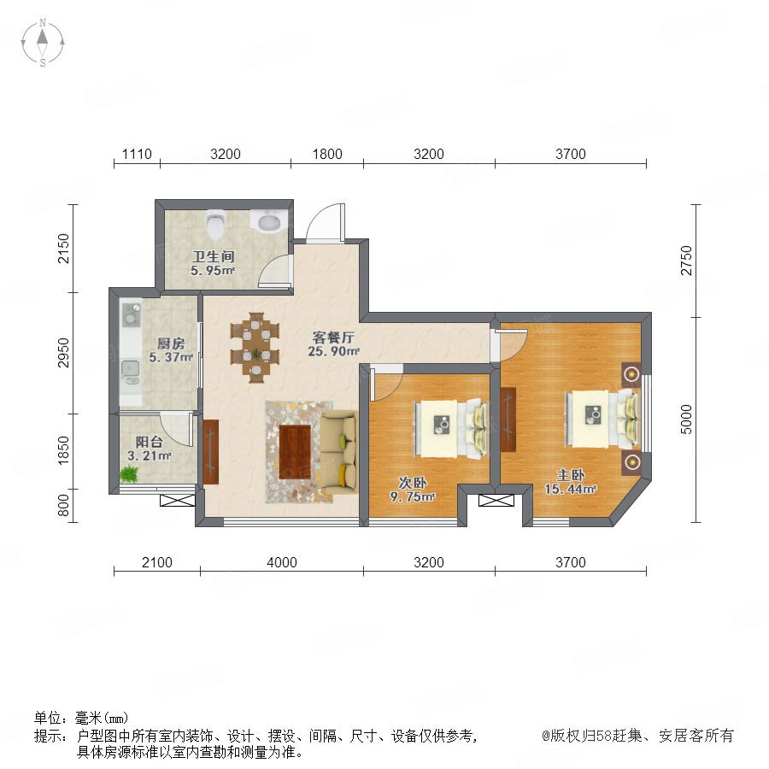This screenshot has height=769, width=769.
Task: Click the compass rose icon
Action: pyautogui.click(x=43, y=43)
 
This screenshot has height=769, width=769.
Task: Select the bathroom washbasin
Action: pyautogui.click(x=268, y=220)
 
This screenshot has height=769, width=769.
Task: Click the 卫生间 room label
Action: pyautogui.click(x=214, y=256)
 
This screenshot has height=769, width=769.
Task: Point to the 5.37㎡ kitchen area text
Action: pyautogui.click(x=171, y=357)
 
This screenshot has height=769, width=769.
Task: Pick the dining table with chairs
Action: pyautogui.click(x=255, y=347)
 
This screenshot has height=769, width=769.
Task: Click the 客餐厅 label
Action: pyautogui.click(x=333, y=338)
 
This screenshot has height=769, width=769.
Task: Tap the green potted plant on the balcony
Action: pyautogui.click(x=130, y=473)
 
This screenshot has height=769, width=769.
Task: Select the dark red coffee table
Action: pyautogui.click(x=295, y=452)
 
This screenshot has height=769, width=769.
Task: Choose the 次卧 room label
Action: pyautogui.click(x=412, y=483)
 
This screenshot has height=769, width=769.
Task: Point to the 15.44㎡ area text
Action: pyautogui.click(x=571, y=489)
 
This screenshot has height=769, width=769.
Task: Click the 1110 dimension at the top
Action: pyautogui.click(x=137, y=154)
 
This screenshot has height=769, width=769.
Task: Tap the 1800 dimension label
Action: pyautogui.click(x=327, y=154)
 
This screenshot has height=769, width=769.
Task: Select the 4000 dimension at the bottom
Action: pyautogui.click(x=281, y=562)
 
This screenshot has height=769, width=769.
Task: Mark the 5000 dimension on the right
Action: pyautogui.click(x=686, y=420)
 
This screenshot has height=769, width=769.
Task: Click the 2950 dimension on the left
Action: pyautogui.click(x=64, y=352)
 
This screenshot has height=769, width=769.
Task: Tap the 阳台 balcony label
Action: pyautogui.click(x=149, y=442)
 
